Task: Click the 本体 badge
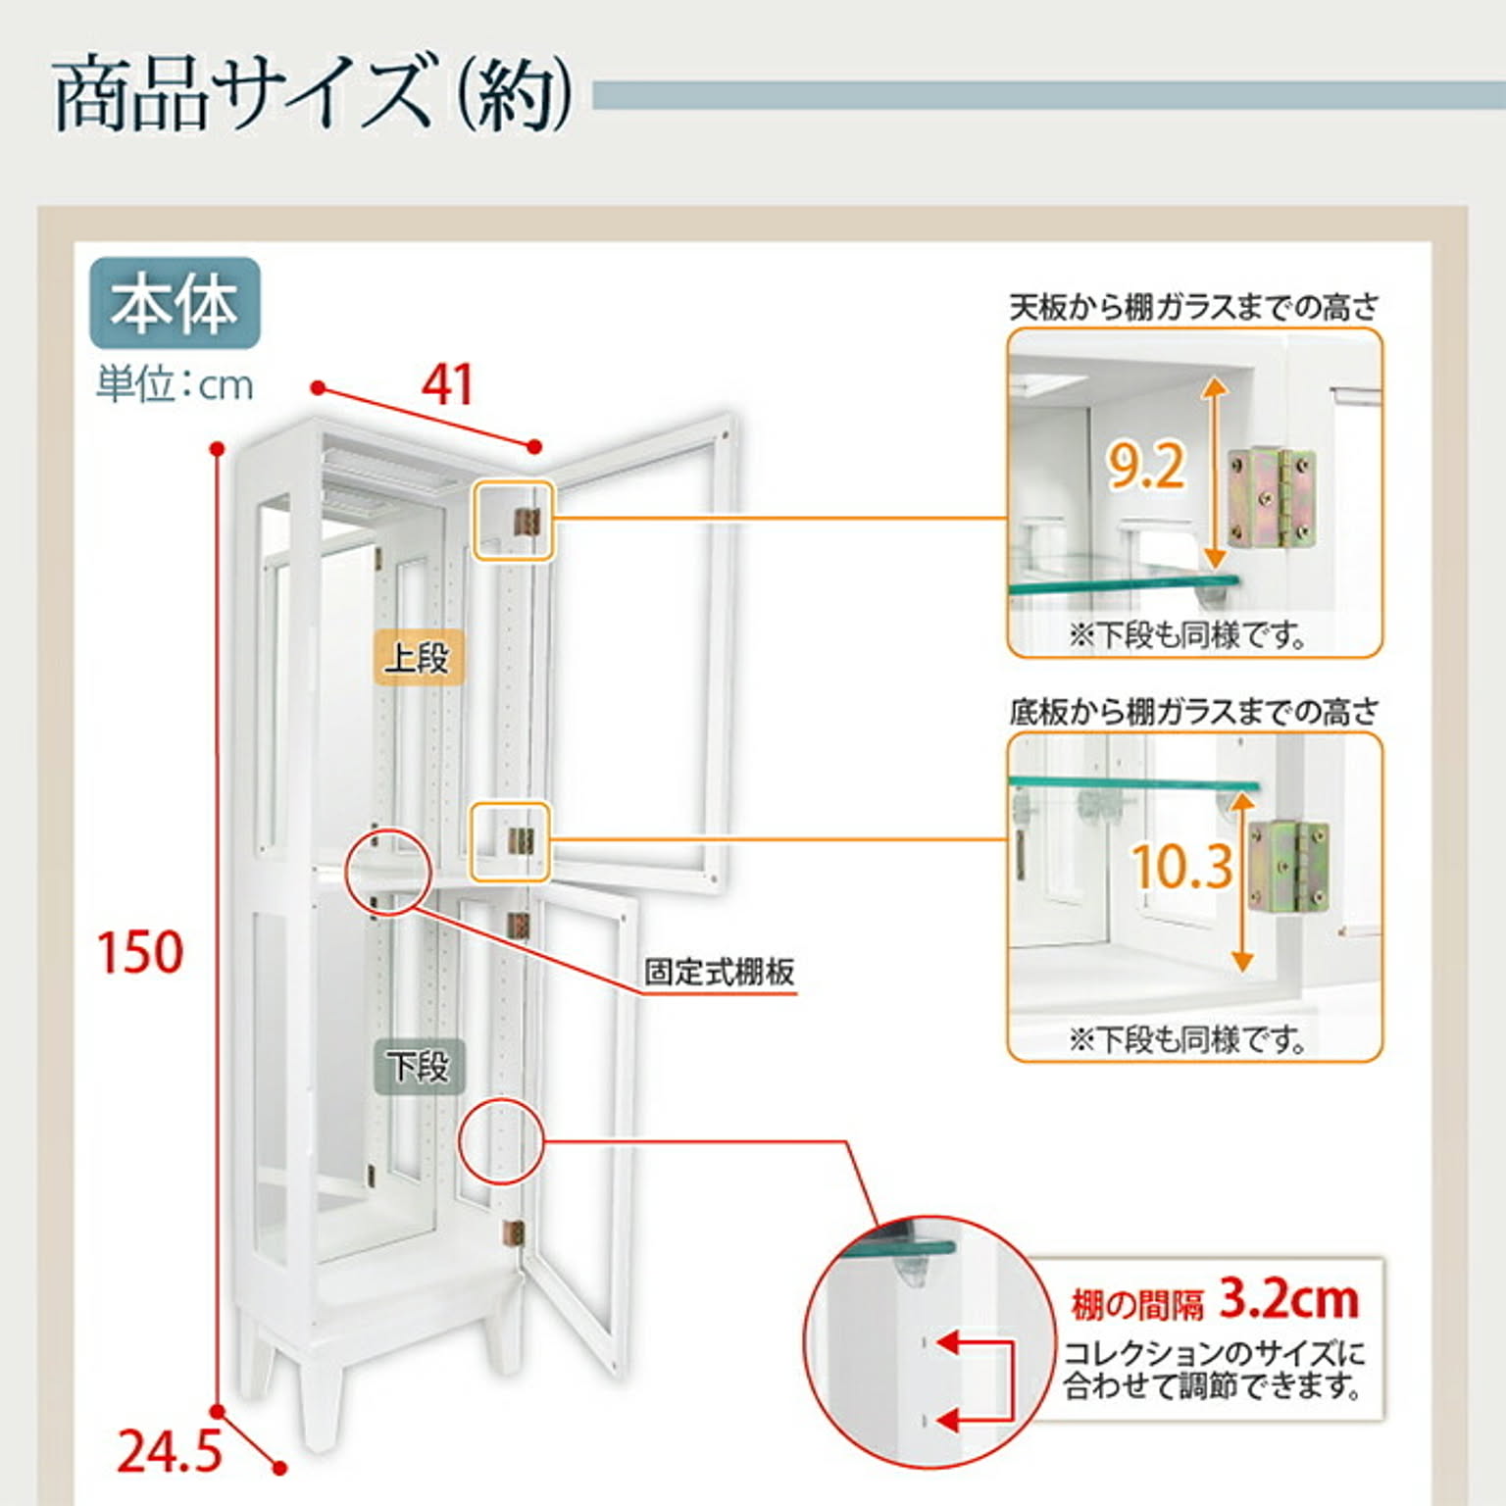(175, 303)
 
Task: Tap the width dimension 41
(447, 384)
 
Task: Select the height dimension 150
(139, 952)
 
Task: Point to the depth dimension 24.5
(169, 1452)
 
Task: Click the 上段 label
(418, 657)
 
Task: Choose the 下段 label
(418, 1066)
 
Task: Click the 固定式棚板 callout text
(719, 973)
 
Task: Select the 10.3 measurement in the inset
(1181, 867)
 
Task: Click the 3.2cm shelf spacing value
(1288, 1300)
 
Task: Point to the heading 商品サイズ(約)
(312, 95)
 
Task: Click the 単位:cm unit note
(175, 384)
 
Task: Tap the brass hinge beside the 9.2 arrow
(1271, 497)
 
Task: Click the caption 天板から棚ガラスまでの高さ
(1194, 308)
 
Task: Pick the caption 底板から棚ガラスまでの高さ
(1194, 712)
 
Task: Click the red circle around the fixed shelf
(388, 872)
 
